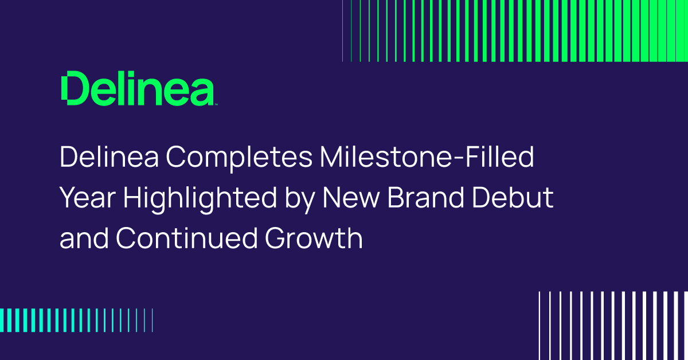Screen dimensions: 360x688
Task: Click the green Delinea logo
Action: (138, 88)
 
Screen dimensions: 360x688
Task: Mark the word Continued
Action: (186, 238)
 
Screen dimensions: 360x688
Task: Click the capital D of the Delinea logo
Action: (73, 88)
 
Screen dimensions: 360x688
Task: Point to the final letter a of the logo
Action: (202, 92)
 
